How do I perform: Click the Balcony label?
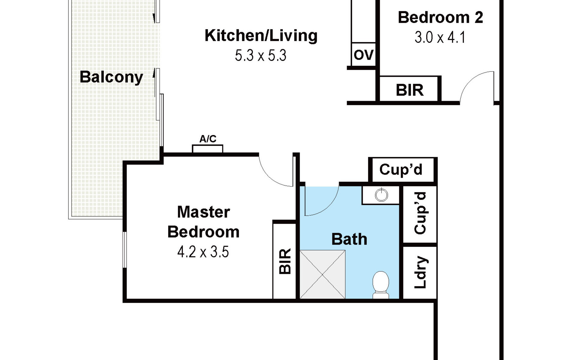tap(111, 77)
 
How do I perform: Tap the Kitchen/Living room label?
tap(261, 35)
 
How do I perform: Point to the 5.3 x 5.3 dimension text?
tap(261, 55)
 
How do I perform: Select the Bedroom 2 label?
tap(440, 17)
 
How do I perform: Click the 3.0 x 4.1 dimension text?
tap(440, 37)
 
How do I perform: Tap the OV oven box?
tap(364, 55)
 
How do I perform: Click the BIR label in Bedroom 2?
tap(410, 90)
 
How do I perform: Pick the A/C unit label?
tap(208, 139)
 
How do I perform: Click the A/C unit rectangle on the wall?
tap(208, 149)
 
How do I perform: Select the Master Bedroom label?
tap(203, 222)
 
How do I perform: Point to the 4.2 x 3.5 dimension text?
tap(203, 252)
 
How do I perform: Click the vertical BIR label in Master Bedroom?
tap(285, 261)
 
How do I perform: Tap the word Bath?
tap(349, 239)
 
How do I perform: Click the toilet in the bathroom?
tap(381, 285)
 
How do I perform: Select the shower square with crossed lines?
tap(322, 274)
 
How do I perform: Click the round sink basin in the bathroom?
tap(381, 195)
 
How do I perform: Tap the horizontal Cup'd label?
tap(401, 170)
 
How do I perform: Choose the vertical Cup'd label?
tap(420, 213)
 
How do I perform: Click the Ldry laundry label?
tap(420, 272)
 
